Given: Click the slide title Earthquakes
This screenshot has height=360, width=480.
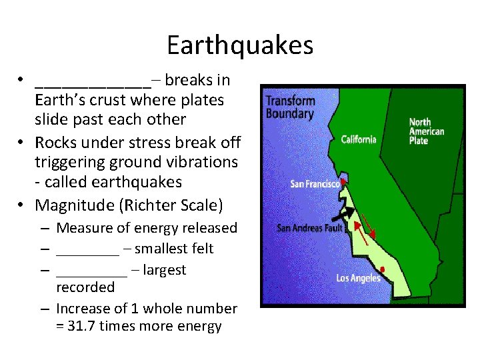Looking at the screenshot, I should click(x=240, y=45).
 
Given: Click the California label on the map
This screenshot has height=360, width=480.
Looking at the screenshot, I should click(x=359, y=139).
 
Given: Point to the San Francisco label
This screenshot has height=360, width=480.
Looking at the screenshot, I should click(x=315, y=184).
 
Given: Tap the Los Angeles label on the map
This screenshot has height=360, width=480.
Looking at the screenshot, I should click(x=358, y=278).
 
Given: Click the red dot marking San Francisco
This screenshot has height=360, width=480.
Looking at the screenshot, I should click(x=343, y=181).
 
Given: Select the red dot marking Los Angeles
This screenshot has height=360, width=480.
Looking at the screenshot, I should click(x=382, y=269).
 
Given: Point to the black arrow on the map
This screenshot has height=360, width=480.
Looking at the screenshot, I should click(x=344, y=213).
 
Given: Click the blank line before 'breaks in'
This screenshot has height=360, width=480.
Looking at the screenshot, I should click(x=93, y=85).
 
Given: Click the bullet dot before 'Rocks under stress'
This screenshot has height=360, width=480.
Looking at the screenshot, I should click(x=22, y=143).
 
